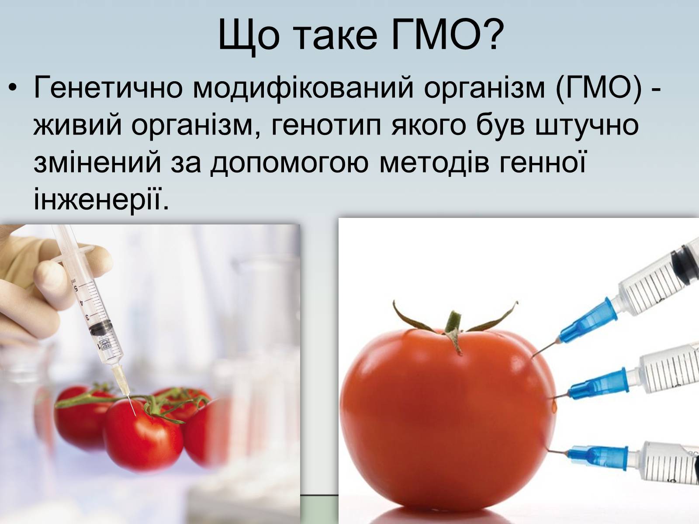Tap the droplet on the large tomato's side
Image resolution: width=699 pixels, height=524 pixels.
(x=554, y=405)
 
